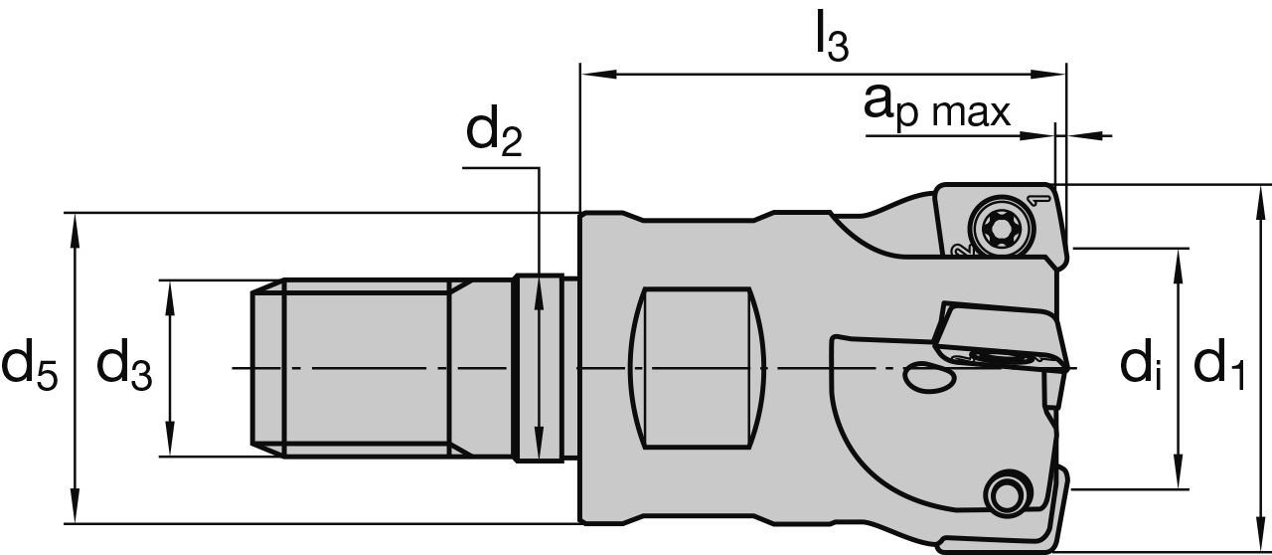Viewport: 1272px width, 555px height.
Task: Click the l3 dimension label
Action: point(831,37)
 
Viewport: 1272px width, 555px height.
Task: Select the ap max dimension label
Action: point(936,107)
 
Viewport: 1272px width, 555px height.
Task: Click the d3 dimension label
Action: point(124,367)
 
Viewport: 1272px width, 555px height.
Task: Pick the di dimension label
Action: point(1141,367)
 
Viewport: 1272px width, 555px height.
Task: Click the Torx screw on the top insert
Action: point(995,230)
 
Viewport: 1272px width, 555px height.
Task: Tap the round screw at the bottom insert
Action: point(1006,490)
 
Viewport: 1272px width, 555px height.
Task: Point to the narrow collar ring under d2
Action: point(537,368)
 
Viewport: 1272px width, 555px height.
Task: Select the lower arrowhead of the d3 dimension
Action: point(172,448)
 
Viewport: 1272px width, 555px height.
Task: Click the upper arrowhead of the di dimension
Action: point(1179,258)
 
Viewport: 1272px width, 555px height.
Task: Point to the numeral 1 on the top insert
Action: point(1041,200)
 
